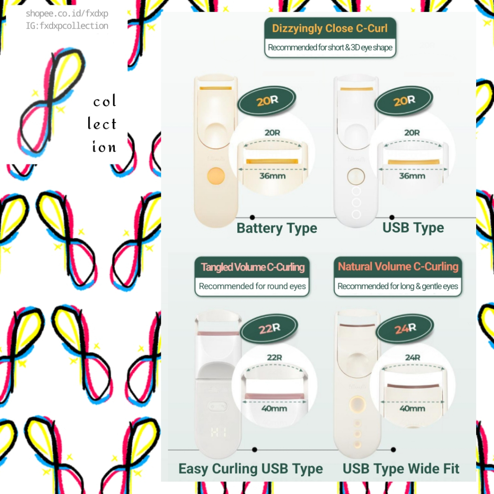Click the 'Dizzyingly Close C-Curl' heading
click(x=330, y=28)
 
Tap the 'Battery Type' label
click(x=277, y=228)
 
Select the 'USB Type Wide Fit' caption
click(x=401, y=468)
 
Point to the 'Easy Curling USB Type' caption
click(x=251, y=469)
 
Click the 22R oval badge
click(x=269, y=329)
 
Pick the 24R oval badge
click(x=405, y=328)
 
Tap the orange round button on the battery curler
click(x=216, y=176)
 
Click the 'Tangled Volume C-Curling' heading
click(x=253, y=267)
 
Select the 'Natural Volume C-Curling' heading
click(x=398, y=266)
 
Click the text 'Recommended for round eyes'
click(x=252, y=286)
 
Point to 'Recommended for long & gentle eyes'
click(x=398, y=286)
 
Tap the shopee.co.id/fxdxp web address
click(x=67, y=14)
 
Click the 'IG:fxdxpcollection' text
click(x=67, y=26)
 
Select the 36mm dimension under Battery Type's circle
click(x=273, y=176)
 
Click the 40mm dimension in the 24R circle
click(x=412, y=408)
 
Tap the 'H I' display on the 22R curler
click(x=219, y=432)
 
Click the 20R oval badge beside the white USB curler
click(x=404, y=101)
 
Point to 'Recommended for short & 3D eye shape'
click(x=330, y=47)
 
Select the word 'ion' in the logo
click(x=104, y=147)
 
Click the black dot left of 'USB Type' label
click(x=392, y=218)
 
